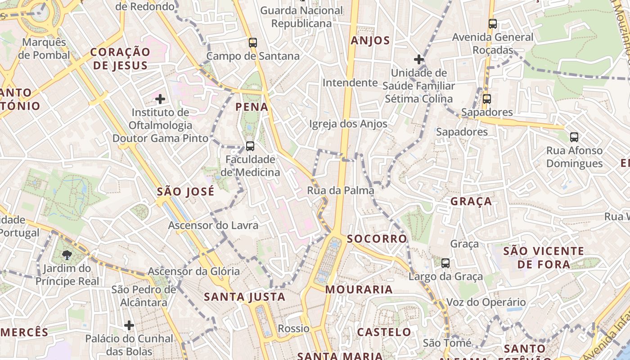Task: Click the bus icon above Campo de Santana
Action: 253,43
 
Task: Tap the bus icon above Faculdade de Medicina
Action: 250,146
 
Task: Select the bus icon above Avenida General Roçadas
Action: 493,24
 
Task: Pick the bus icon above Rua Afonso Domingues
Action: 574,137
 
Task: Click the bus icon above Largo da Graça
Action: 445,263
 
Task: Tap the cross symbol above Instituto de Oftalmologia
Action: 160,99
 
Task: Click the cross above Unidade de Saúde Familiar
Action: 419,59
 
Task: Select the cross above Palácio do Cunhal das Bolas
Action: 129,325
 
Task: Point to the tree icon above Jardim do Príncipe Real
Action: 67,255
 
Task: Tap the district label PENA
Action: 252,107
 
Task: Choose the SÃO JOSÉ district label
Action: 185,192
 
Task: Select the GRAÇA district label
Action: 471,202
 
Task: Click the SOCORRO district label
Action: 377,238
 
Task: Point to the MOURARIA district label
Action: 359,289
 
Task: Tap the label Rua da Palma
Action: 340,190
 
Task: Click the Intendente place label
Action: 350,83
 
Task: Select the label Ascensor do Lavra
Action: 213,225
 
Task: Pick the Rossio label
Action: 293,328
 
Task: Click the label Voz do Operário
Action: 486,302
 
